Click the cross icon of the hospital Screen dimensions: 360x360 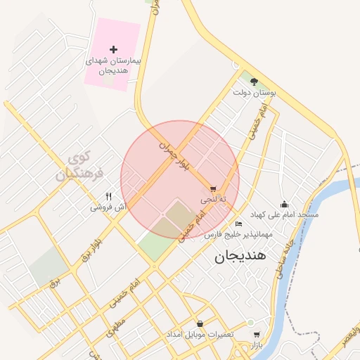pos(114,49)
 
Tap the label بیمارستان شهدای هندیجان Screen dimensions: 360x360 pos(112,66)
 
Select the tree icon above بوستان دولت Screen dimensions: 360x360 pos(254,82)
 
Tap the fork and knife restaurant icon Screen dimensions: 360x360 pos(108,197)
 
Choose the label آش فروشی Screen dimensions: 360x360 pos(108,207)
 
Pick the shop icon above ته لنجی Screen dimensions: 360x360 pos(213,189)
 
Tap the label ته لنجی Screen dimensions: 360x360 pos(214,200)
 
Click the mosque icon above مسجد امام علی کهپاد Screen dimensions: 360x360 pos(284,204)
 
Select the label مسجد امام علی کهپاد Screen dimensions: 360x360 pos(284,214)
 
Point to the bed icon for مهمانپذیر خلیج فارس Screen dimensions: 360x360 pos(238,224)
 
